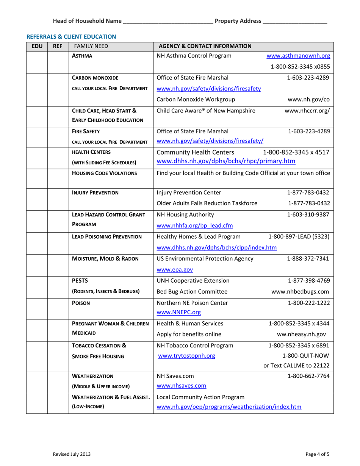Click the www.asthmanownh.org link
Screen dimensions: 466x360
coord(298,57)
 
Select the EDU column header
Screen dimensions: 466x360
coord(36,47)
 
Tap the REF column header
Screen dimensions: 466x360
coord(57,47)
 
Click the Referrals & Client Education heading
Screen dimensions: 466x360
coord(71,37)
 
